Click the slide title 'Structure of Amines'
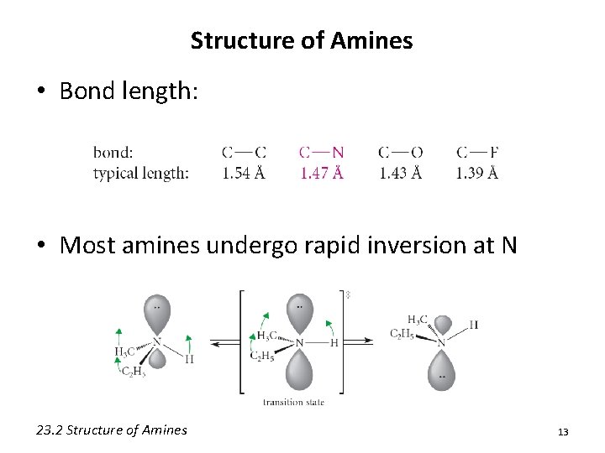coord(302,40)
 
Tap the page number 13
coord(563,432)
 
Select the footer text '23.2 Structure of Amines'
coord(112,430)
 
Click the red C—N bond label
coord(321,152)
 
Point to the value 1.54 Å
coord(244,173)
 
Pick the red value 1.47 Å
coord(321,173)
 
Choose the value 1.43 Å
coord(400,173)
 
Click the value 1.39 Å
coord(477,173)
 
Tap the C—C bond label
coord(244,152)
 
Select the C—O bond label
coord(400,152)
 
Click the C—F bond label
coord(477,152)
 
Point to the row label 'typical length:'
coord(141,173)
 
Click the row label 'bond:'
coord(113,152)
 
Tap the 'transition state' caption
coord(293,402)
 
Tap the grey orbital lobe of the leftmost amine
coord(156,315)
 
